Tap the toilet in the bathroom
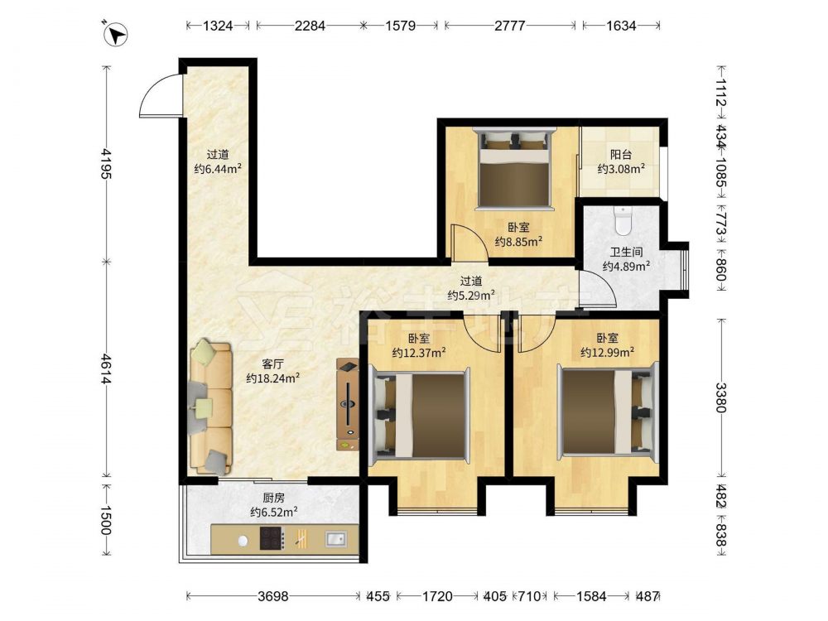coord(623,221)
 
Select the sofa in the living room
coord(210,407)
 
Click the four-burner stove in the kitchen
coord(272,538)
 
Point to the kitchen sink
coord(335,539)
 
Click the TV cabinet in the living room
coord(348,405)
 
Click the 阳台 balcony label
coord(621,155)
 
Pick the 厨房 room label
coord(273,498)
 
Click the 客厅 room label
coord(273,363)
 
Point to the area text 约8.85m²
coord(518,241)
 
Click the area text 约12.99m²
coord(607,352)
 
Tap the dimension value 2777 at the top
coord(509,26)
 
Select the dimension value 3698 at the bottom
coord(273,596)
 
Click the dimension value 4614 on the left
coord(106,369)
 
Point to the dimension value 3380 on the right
coord(721,397)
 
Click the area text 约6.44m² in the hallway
coord(218,168)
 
